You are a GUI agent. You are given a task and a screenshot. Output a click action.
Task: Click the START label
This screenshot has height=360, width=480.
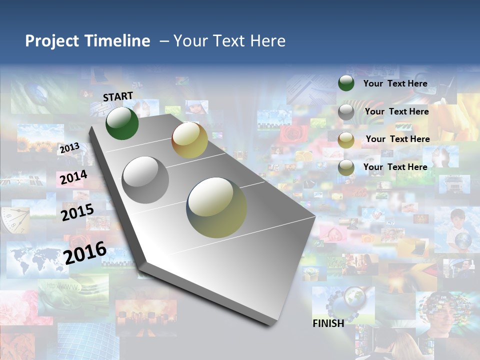click(x=118, y=96)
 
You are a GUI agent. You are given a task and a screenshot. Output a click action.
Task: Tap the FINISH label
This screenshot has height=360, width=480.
click(x=328, y=323)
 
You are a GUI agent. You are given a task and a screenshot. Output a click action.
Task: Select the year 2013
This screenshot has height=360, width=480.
click(x=69, y=148)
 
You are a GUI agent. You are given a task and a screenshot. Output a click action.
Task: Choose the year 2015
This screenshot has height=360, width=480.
click(x=77, y=212)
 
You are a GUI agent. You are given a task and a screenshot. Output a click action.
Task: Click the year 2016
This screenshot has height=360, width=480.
click(x=85, y=252)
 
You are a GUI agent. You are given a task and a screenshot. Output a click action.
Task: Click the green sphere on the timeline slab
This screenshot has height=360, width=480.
click(x=122, y=123)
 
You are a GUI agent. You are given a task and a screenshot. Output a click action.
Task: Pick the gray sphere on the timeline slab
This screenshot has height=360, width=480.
click(x=145, y=180)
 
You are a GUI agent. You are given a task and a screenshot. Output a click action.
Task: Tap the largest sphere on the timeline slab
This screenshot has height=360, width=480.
click(x=216, y=207)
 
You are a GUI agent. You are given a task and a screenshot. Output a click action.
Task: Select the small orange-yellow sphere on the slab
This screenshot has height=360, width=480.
click(x=189, y=140)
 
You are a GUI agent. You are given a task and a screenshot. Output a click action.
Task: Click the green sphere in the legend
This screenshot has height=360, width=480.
click(x=346, y=83)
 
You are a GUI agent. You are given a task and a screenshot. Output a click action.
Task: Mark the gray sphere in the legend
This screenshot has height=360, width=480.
click(x=346, y=112)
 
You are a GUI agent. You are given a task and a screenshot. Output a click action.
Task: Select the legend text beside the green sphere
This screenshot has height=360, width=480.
click(x=395, y=83)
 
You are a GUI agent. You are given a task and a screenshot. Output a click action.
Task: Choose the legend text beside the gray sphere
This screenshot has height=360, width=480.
click(x=396, y=111)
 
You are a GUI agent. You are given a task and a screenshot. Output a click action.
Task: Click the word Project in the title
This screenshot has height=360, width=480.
click(x=53, y=41)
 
